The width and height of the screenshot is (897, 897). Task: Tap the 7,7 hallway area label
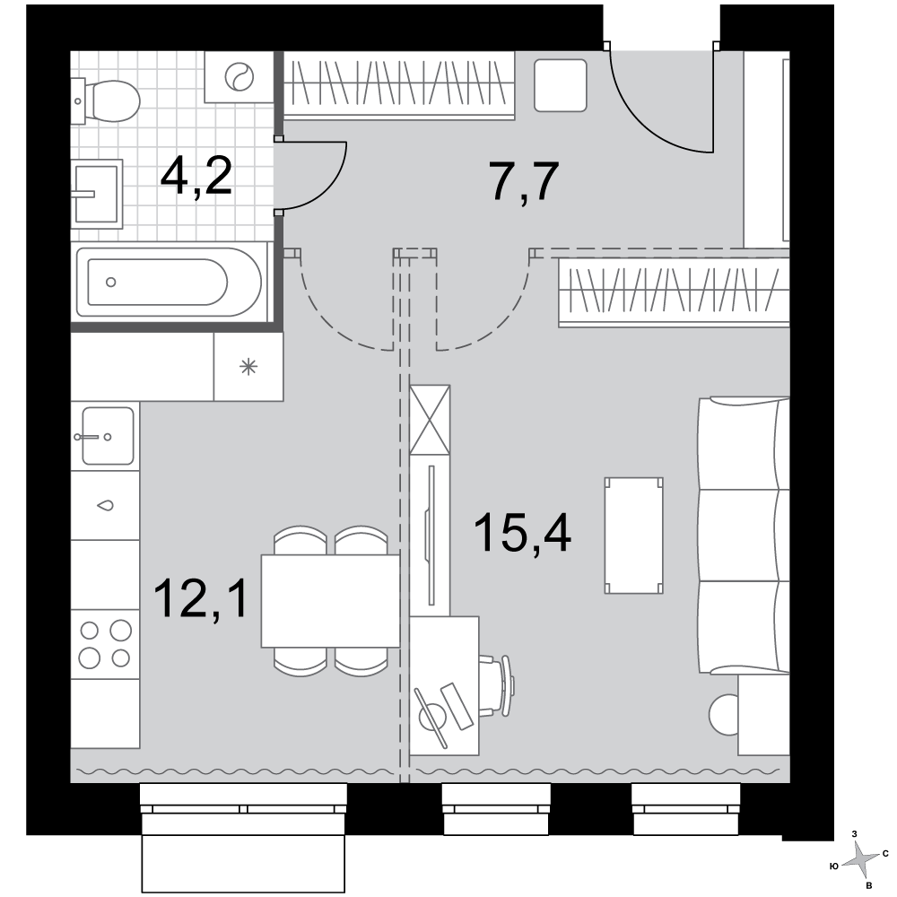pos(525,181)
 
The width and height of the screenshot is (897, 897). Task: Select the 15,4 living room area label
pos(523,533)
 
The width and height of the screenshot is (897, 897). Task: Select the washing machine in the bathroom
pos(239,76)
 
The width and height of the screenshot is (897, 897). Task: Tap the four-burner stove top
pos(105,644)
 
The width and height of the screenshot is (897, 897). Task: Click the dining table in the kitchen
pos(330,601)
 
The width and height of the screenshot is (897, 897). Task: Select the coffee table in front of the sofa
pos(634,536)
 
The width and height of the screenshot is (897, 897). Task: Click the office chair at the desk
pos(497,685)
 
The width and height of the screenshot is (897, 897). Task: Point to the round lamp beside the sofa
pos(724,714)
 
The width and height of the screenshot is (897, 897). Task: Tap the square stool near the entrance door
pos(560,85)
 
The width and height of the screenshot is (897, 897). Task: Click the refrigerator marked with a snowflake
pos(248,367)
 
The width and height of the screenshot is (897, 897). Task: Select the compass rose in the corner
pos(859,858)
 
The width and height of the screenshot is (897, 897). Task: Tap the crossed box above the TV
pos(431,420)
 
